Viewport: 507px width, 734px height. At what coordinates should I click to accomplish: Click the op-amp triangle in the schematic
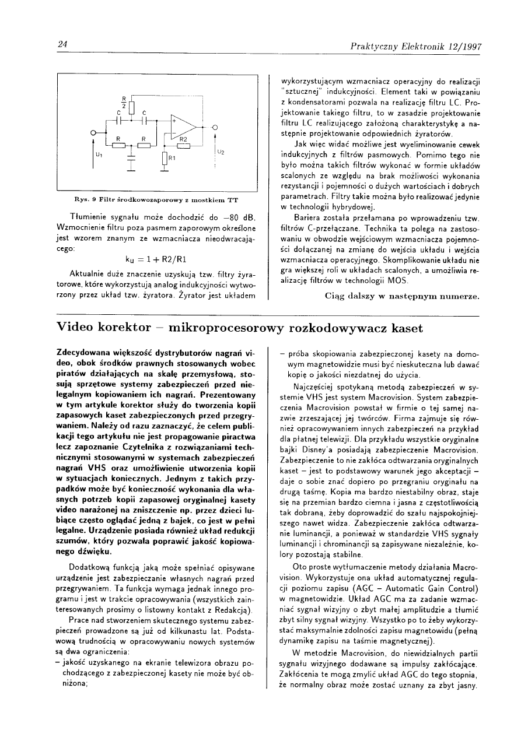tap(183, 127)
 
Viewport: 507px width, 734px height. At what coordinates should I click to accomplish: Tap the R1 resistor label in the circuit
tap(172, 158)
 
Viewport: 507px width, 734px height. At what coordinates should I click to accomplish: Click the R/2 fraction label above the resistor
tap(124, 100)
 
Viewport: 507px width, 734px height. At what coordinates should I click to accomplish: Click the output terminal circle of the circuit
tap(215, 127)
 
